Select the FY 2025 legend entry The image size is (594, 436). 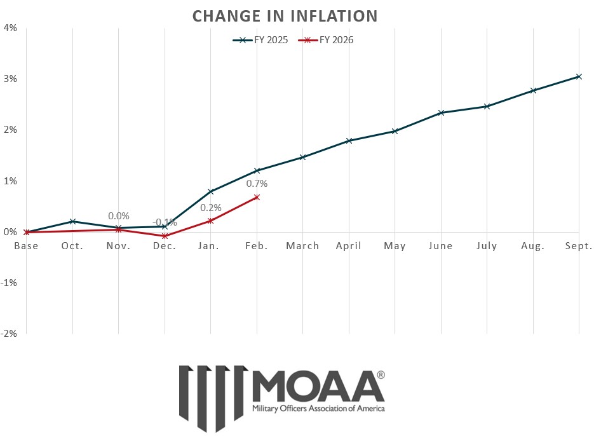260,39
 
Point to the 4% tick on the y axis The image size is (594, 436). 10,27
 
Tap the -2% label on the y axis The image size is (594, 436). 9,334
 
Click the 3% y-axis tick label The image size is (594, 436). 10,79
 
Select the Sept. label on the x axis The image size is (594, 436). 578,246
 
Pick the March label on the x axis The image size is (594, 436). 302,246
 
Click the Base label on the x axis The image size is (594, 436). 27,246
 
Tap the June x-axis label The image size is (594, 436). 441,246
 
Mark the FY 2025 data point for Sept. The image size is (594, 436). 579,76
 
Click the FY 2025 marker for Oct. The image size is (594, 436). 72,221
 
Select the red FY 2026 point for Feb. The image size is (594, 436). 257,197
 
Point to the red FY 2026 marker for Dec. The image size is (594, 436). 165,236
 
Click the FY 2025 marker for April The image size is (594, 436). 349,140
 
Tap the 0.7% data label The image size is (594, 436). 257,184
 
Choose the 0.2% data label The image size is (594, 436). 211,207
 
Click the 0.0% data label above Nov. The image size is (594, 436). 118,216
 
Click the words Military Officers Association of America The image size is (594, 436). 318,408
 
